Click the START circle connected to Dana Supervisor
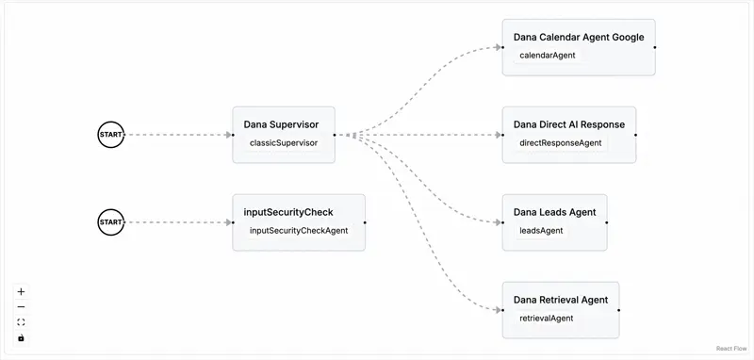(110, 135)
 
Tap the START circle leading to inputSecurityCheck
(110, 222)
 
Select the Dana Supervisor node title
(281, 124)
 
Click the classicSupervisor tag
(283, 144)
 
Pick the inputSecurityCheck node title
(288, 212)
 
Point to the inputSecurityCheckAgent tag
(299, 231)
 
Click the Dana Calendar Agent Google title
(579, 38)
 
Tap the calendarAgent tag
(548, 56)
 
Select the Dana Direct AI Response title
(568, 124)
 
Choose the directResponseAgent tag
(560, 143)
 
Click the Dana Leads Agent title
(554, 212)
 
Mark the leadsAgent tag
(541, 231)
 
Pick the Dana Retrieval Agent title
(561, 300)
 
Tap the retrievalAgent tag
(547, 319)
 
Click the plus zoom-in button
(21, 292)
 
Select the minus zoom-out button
(21, 307)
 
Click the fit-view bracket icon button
(21, 322)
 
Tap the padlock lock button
(21, 337)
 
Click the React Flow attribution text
(730, 349)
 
